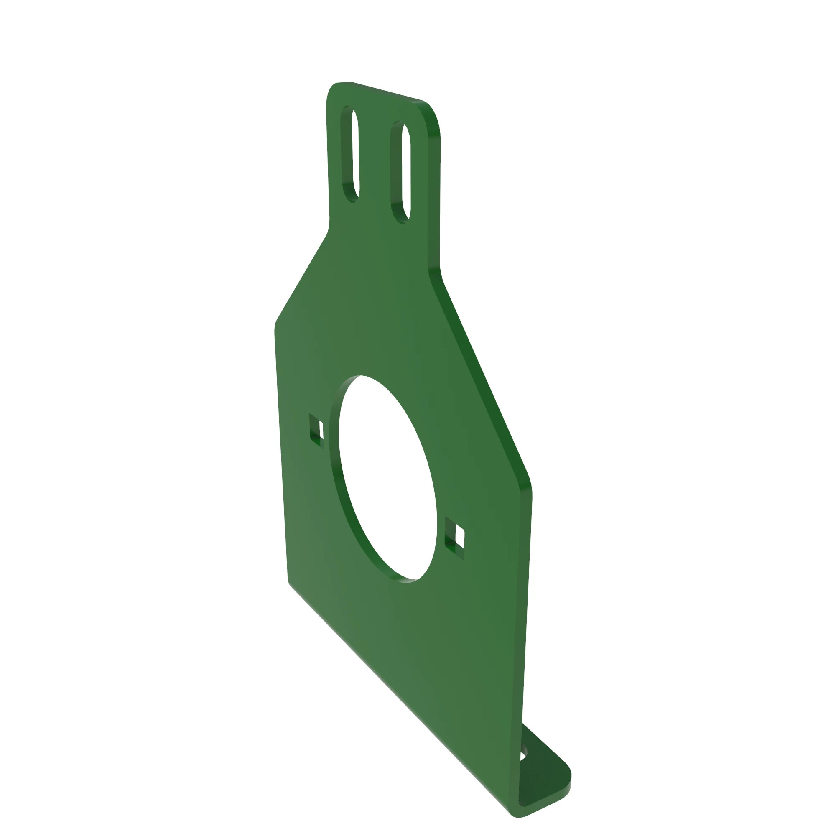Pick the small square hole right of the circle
(x=455, y=538)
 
